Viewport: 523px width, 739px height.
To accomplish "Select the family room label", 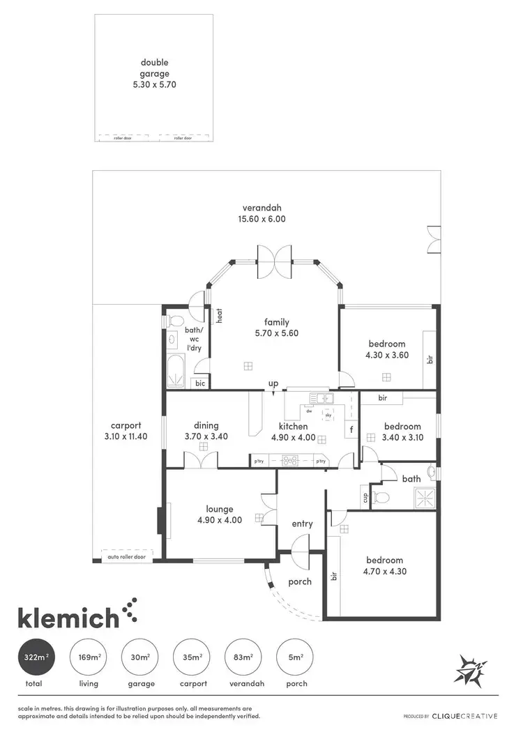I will coord(276,322).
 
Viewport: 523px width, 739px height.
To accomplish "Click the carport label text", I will coord(126,425).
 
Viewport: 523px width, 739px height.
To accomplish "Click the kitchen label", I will coord(293,426).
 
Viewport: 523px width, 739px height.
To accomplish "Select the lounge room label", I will coord(219,509).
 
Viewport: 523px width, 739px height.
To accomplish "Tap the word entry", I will coord(302,524).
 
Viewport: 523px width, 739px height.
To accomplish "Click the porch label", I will coord(300,581).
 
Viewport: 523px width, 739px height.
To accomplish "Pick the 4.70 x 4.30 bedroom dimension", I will coord(384,572).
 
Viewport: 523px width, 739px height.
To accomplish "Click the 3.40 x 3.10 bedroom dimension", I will coord(402,438).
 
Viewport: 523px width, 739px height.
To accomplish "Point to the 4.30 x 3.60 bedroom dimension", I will coord(386,355).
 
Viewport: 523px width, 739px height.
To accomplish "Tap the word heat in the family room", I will coord(219,316).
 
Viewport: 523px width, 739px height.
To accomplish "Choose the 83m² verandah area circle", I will coord(243,657).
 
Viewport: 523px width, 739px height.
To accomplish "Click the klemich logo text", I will coord(68,617).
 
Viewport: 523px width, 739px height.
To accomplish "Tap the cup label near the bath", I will coord(365,497).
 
